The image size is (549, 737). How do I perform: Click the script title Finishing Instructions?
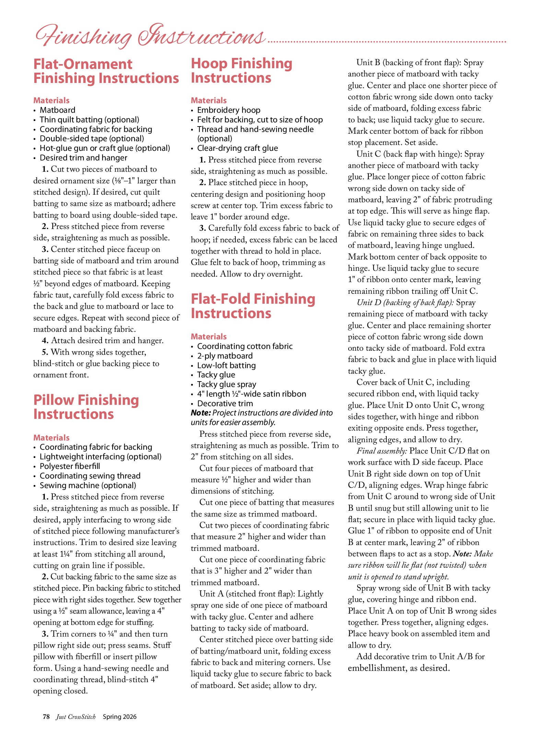click(150, 36)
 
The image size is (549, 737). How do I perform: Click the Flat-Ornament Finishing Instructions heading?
click(106, 71)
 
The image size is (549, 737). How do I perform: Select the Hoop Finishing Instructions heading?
click(242, 71)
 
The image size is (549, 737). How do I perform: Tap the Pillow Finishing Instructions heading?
click(86, 407)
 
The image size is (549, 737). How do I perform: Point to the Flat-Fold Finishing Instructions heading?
click(253, 306)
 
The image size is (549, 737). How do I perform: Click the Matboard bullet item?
click(57, 110)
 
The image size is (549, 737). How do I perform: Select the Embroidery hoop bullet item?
click(229, 110)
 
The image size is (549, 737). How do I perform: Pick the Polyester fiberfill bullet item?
click(70, 466)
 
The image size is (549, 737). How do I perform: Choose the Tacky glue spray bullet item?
click(226, 384)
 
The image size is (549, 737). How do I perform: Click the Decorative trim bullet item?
click(225, 403)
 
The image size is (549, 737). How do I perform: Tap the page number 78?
click(46, 716)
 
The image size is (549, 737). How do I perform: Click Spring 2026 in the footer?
click(119, 716)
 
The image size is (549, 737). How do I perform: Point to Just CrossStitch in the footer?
click(76, 716)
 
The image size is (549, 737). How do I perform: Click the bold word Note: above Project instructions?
click(201, 413)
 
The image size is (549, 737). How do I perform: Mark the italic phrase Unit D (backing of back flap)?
click(405, 302)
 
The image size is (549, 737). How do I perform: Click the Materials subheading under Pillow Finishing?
click(51, 438)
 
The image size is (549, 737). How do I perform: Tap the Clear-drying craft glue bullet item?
click(237, 148)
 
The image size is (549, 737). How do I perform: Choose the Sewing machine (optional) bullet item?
click(88, 485)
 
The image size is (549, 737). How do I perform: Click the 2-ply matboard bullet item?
click(225, 356)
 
